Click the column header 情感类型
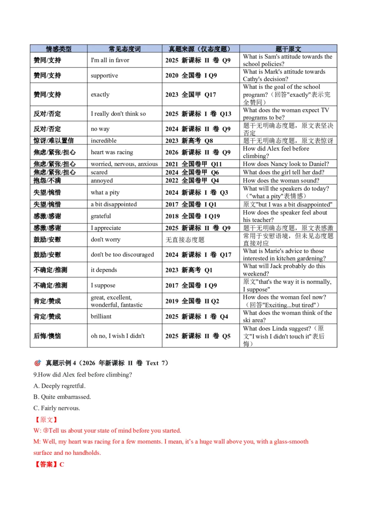coord(59,49)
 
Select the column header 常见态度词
coord(124,49)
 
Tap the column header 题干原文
coord(288,49)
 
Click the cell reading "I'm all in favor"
coord(110,60)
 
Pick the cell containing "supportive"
coord(104,76)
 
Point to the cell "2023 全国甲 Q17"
coord(191,94)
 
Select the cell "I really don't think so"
coord(118,114)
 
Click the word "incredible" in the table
coord(104,141)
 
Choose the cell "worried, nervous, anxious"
coord(124,164)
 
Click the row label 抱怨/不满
coord(47,181)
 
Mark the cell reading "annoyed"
coord(102,181)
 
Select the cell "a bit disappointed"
coord(114,204)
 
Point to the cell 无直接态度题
coord(185,240)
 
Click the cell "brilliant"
coord(101,316)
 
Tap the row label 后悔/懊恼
coord(47,336)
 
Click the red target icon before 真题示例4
coord(38,363)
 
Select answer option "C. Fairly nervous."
coord(56,408)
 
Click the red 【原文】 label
coord(46,420)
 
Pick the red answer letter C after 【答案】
coord(61,465)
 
